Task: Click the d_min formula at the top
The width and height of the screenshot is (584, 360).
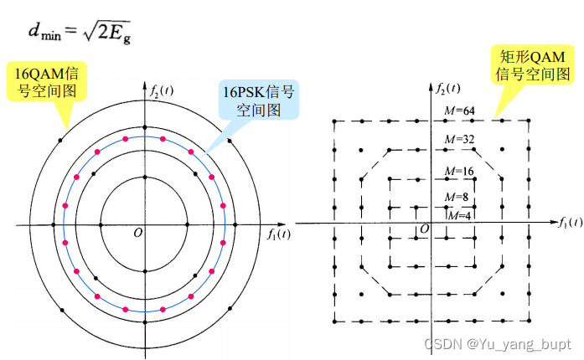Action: (x=80, y=32)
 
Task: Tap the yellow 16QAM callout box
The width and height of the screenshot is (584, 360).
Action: (x=47, y=81)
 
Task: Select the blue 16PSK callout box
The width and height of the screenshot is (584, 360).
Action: (x=258, y=100)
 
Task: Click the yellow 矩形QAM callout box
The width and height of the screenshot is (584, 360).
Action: (x=532, y=64)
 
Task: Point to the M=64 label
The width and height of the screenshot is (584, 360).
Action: (x=459, y=111)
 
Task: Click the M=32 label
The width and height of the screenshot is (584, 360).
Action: (x=459, y=139)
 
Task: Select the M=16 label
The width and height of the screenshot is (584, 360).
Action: (x=459, y=172)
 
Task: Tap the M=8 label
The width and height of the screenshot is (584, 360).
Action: (x=457, y=197)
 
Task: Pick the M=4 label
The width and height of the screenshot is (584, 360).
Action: (x=459, y=215)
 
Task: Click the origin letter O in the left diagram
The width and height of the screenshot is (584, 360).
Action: (x=137, y=233)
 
